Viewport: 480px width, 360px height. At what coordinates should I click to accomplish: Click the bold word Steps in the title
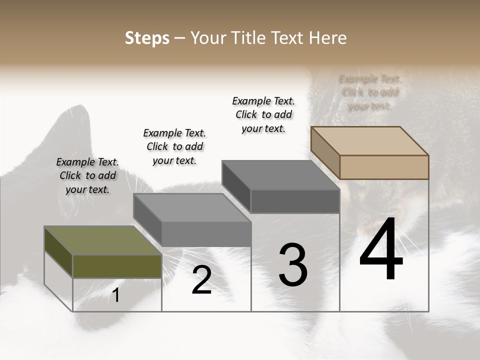tap(147, 38)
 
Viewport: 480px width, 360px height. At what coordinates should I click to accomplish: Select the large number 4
tap(381, 249)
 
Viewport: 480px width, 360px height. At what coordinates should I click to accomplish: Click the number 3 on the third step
tap(293, 265)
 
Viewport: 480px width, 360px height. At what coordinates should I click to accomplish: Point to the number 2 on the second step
tap(202, 280)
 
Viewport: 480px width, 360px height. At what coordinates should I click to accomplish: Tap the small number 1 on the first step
tap(116, 295)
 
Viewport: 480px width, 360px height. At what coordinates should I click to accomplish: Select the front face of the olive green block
tap(117, 266)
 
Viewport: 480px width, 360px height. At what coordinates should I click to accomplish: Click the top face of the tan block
tap(369, 140)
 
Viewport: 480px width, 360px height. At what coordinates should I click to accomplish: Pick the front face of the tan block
tap(384, 167)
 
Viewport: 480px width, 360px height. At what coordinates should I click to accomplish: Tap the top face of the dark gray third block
tap(280, 175)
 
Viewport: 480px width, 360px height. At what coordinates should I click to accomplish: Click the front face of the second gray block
tap(206, 234)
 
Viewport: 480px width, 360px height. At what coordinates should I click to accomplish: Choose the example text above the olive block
tap(87, 175)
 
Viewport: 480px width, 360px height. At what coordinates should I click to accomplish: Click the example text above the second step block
tap(174, 146)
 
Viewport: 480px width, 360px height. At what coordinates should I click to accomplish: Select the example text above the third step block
tap(263, 114)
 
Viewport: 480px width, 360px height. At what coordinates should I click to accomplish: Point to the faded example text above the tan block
tap(370, 92)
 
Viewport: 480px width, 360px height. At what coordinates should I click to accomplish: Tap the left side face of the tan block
tap(325, 153)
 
